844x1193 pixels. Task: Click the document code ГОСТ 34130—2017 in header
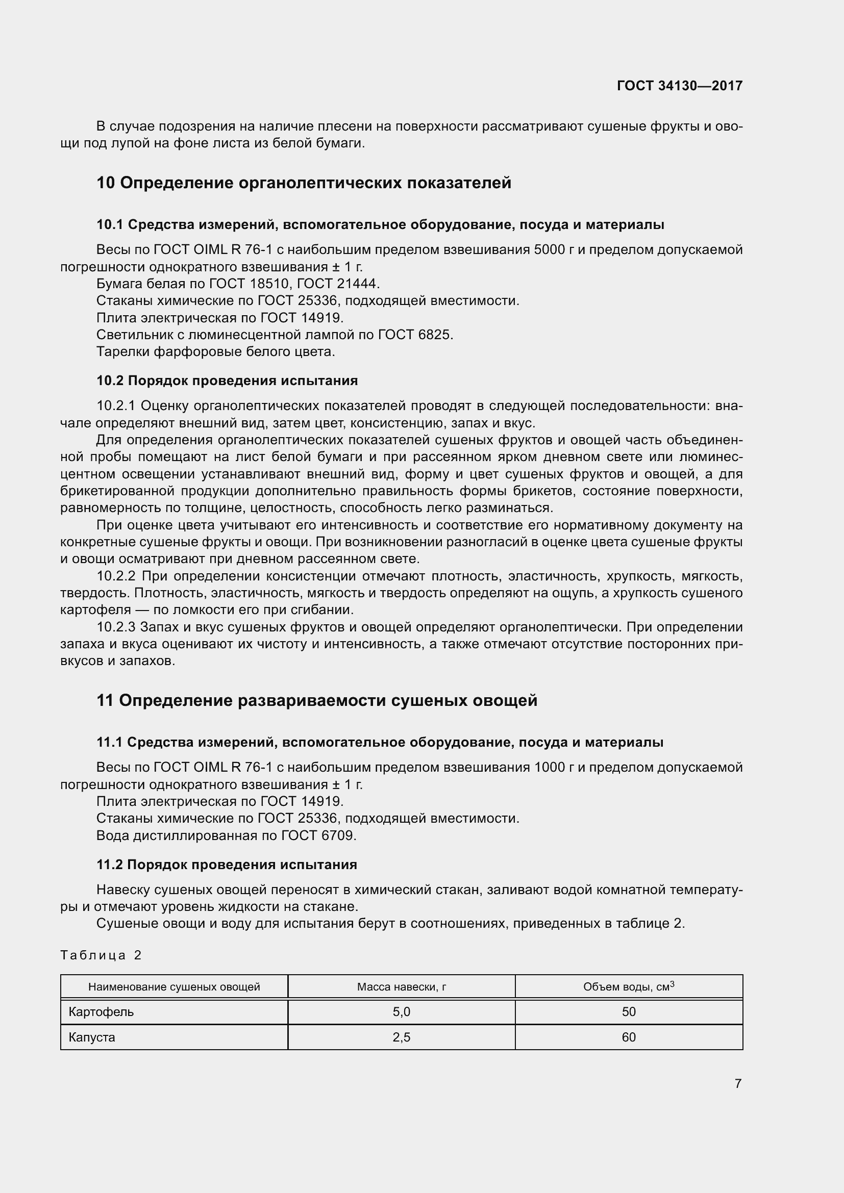[679, 86]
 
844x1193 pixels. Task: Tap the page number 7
[738, 1083]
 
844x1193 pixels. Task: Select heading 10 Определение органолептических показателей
[304, 183]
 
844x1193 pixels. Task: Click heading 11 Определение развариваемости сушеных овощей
[317, 700]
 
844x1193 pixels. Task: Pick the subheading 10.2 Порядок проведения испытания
[227, 381]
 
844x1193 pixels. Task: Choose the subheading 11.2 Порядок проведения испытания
[227, 865]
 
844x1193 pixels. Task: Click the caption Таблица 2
[101, 955]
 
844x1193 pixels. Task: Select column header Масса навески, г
[401, 987]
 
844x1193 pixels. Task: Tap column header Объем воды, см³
[628, 987]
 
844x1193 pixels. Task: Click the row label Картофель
[102, 1011]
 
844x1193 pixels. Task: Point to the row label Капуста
[92, 1037]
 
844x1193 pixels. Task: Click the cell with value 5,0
[401, 1011]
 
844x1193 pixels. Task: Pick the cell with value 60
[628, 1037]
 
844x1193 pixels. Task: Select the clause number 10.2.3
[116, 627]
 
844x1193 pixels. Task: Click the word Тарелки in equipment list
[117, 352]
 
